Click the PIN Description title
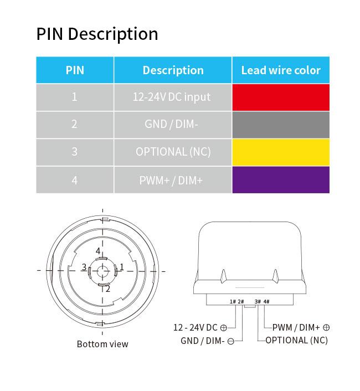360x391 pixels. [97, 34]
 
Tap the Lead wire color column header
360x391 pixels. [281, 70]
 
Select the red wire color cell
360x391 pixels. [281, 97]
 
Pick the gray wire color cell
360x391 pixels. [281, 125]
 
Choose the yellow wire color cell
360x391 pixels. [281, 152]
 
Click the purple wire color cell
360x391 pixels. [281, 180]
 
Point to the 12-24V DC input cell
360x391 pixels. [173, 97]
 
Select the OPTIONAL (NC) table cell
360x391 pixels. [173, 152]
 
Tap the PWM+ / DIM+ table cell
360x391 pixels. [173, 180]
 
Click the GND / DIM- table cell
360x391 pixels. [173, 125]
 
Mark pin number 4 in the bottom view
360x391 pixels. [98, 251]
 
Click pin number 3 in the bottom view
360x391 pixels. [84, 267]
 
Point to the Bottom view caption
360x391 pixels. [102, 344]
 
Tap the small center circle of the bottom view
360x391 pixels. [102, 271]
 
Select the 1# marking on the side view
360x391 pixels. [233, 302]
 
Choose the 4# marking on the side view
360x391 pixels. [266, 302]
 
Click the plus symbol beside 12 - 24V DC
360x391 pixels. [224, 328]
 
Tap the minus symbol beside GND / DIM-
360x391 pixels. [231, 341]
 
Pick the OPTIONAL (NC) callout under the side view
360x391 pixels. [297, 341]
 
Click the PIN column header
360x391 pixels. [75, 70]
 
